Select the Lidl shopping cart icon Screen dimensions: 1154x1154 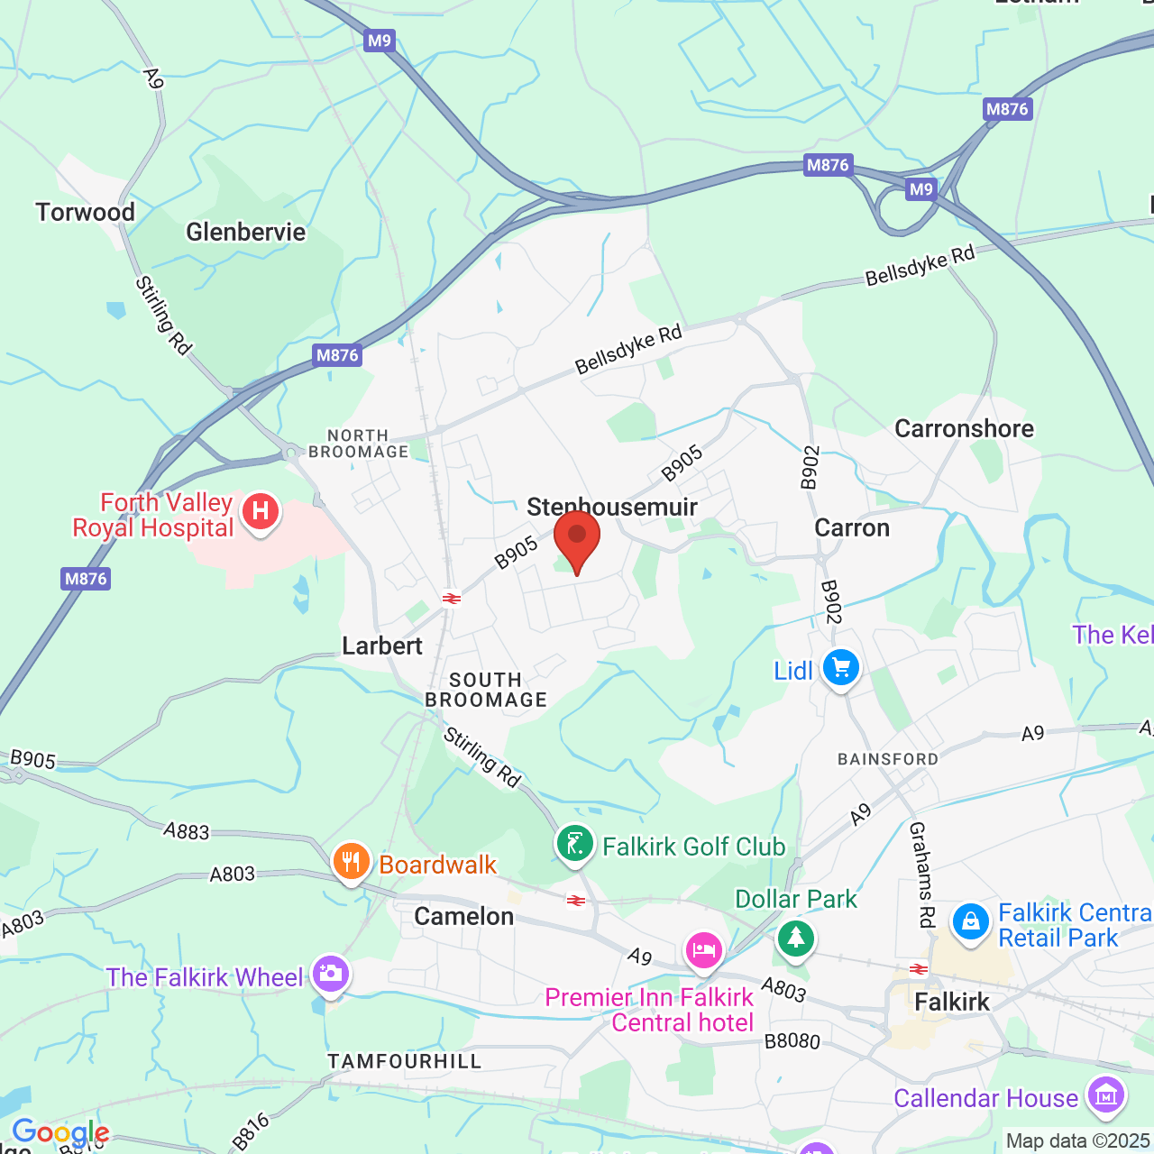[x=840, y=668]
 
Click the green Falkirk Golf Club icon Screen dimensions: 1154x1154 [x=575, y=845]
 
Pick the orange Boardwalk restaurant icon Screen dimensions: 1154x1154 [x=351, y=863]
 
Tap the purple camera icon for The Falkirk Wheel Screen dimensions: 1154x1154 [x=330, y=975]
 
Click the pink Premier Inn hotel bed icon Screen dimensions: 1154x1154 [x=703, y=951]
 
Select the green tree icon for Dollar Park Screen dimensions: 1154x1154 [x=794, y=939]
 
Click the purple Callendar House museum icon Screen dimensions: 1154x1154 [x=1105, y=1095]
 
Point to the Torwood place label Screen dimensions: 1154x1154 [x=86, y=212]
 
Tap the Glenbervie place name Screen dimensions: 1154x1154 [x=245, y=232]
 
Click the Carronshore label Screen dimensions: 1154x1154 [x=964, y=428]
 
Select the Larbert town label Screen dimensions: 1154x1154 [x=382, y=646]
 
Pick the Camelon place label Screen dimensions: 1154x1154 [x=463, y=916]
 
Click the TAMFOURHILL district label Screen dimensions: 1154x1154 [x=404, y=1061]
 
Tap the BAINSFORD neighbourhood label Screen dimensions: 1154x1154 [x=888, y=759]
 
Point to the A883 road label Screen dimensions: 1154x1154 [x=186, y=830]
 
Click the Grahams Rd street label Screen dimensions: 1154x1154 [x=921, y=875]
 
